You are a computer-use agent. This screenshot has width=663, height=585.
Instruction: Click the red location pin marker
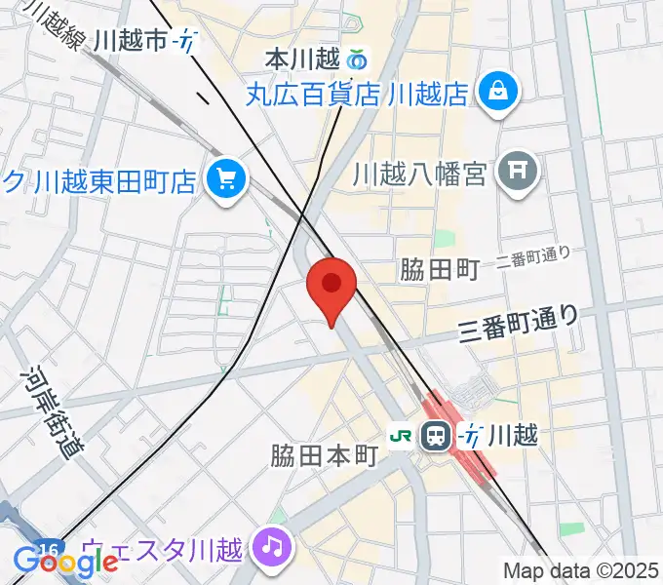(x=331, y=286)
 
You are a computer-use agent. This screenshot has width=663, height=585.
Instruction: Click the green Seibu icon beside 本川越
(x=357, y=60)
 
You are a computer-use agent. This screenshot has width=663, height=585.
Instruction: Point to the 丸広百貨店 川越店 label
(x=357, y=95)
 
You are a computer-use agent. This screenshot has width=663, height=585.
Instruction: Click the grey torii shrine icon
(x=517, y=174)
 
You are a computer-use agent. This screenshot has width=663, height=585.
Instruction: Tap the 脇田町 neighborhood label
(x=440, y=270)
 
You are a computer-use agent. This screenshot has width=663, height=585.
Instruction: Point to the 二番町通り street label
(x=532, y=257)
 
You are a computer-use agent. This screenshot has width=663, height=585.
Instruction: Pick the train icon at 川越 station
(x=436, y=436)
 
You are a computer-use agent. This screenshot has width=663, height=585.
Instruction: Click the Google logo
(x=64, y=560)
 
